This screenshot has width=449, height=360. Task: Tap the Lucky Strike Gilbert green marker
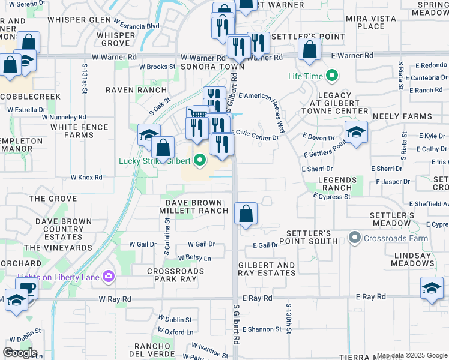[x=200, y=161]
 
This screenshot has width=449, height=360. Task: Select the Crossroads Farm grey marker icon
[x=355, y=238]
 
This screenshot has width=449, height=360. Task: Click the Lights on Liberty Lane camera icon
[x=109, y=276]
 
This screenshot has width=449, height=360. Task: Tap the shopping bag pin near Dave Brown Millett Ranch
[x=246, y=214]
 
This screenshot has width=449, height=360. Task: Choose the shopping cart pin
[x=197, y=116]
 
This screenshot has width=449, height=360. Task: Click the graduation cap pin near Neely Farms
[x=356, y=133]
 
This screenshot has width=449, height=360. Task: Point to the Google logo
[x=20, y=352]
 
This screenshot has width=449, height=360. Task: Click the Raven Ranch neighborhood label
[x=136, y=90]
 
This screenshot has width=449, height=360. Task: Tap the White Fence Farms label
[x=80, y=131]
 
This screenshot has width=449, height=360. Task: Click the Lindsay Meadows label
[x=412, y=259]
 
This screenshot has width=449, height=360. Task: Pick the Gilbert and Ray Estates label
[x=267, y=269]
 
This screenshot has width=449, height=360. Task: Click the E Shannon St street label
[x=260, y=329]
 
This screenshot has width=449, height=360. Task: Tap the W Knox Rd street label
[x=86, y=178]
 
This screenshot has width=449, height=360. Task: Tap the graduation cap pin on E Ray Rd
[x=432, y=288]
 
